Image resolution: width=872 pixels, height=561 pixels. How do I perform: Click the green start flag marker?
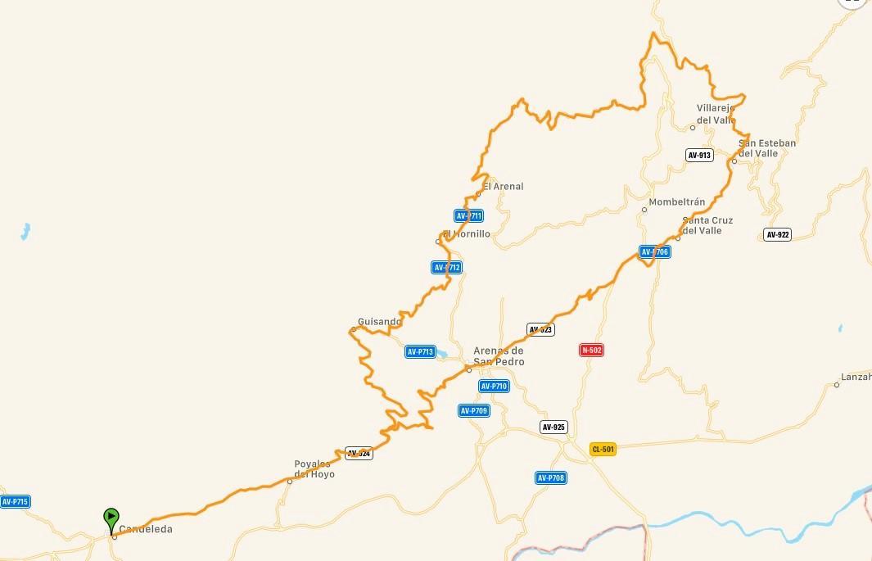tap(111, 518)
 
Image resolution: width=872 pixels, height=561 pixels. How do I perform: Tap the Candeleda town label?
tap(146, 530)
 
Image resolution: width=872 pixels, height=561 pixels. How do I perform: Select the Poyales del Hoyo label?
tap(314, 469)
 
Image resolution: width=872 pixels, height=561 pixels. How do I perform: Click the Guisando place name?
tap(379, 322)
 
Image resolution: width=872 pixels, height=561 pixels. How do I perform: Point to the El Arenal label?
tap(503, 187)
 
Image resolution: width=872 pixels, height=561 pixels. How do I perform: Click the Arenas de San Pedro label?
tap(499, 356)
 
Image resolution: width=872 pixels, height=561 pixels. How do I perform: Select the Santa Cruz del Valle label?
tap(707, 225)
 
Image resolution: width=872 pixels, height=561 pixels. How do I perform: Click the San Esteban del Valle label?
tap(767, 148)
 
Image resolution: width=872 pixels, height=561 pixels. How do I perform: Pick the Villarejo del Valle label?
tap(716, 114)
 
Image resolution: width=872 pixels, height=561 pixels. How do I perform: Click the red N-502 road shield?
tap(591, 351)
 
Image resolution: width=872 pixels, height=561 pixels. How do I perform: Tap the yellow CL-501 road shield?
tap(602, 449)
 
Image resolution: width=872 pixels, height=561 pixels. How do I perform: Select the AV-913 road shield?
tap(699, 155)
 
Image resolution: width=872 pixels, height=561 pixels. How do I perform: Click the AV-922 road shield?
tap(777, 234)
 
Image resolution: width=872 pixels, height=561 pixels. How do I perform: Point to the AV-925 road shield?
tap(553, 427)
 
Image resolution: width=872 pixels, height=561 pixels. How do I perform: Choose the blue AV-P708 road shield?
tap(551, 477)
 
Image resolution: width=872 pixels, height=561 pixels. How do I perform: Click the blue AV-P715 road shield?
tap(15, 501)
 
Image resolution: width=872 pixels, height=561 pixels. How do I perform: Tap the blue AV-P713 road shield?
tap(420, 352)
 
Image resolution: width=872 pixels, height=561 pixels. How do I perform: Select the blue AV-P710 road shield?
tap(495, 386)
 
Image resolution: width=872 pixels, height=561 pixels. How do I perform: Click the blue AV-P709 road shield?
tap(474, 410)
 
